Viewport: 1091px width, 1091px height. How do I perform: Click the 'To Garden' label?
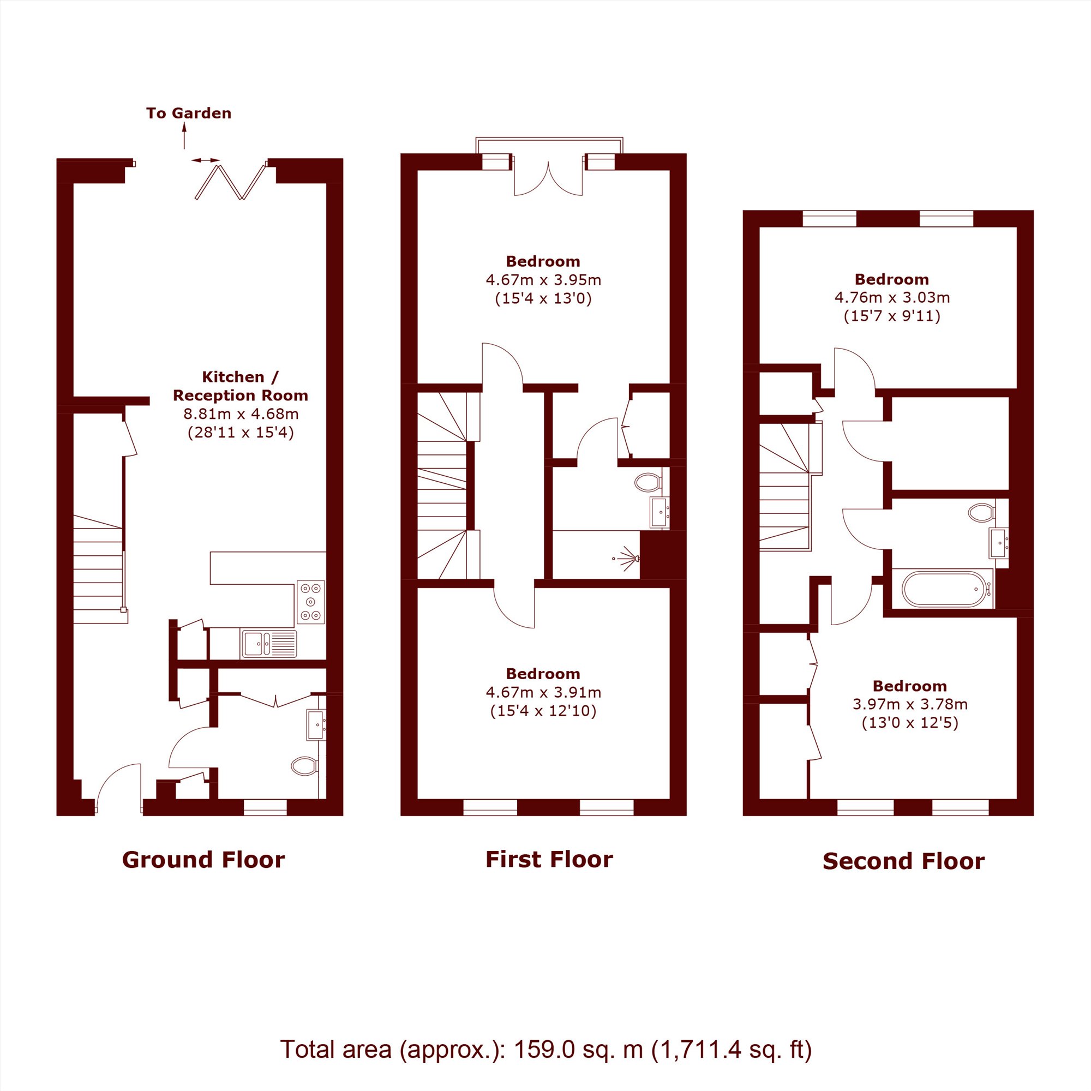click(x=189, y=113)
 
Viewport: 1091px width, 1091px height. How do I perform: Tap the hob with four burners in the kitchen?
click(x=310, y=602)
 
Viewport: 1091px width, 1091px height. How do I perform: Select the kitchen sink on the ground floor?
click(x=269, y=644)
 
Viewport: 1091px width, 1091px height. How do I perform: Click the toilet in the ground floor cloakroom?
click(x=304, y=766)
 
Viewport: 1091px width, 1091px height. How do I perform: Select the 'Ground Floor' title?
click(x=203, y=860)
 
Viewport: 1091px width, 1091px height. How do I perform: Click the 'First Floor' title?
click(x=549, y=860)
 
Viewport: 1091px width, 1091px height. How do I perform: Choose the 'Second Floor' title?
click(x=903, y=861)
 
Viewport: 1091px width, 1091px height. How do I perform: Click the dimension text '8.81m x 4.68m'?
click(x=241, y=414)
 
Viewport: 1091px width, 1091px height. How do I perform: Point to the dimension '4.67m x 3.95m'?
click(x=543, y=279)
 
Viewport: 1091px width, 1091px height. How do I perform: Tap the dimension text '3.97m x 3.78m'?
click(x=910, y=704)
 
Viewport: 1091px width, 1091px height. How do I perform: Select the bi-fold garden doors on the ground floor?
click(x=230, y=181)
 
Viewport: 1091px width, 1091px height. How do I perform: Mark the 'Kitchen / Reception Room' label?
click(x=241, y=386)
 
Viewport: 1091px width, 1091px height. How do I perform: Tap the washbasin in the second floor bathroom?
click(x=998, y=542)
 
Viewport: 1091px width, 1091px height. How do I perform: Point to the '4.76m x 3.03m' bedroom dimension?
click(x=892, y=297)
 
